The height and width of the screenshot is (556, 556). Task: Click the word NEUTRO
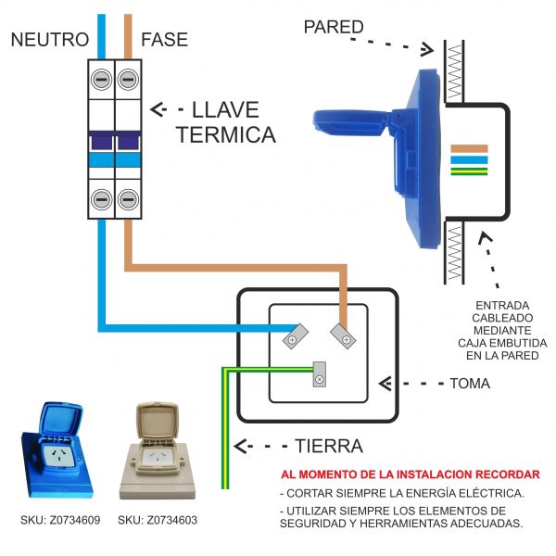pos(49,40)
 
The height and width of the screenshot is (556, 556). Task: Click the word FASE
pos(164,40)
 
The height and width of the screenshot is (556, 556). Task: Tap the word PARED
pos(334,27)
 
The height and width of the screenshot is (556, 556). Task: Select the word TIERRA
pos(328,446)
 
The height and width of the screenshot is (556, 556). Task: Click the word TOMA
pos(470,382)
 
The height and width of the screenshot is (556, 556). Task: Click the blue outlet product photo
pos(60,450)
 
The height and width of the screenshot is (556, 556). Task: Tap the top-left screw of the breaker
pos(100,80)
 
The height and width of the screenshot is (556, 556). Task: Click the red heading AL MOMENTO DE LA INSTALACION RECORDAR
pos(410,474)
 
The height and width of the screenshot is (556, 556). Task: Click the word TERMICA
pos(226,135)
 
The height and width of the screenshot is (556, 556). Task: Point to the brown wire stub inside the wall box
pos(469,148)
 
